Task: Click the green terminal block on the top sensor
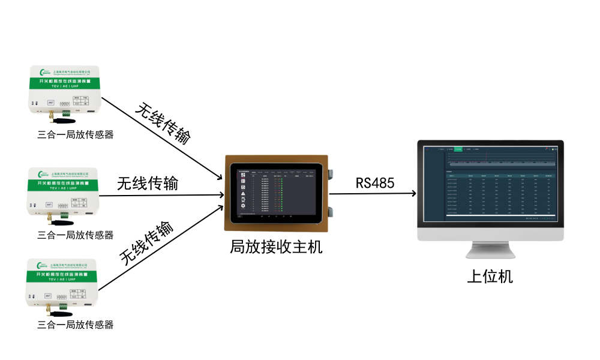(65, 110)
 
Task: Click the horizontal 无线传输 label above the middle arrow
(148, 183)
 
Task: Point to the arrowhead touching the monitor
(413, 194)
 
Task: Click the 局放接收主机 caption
(276, 247)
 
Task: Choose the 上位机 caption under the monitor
(490, 277)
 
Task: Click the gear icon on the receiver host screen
(243, 206)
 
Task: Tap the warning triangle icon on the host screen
(243, 193)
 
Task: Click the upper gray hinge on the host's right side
(331, 173)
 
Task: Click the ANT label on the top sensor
(52, 103)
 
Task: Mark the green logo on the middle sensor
(43, 173)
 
